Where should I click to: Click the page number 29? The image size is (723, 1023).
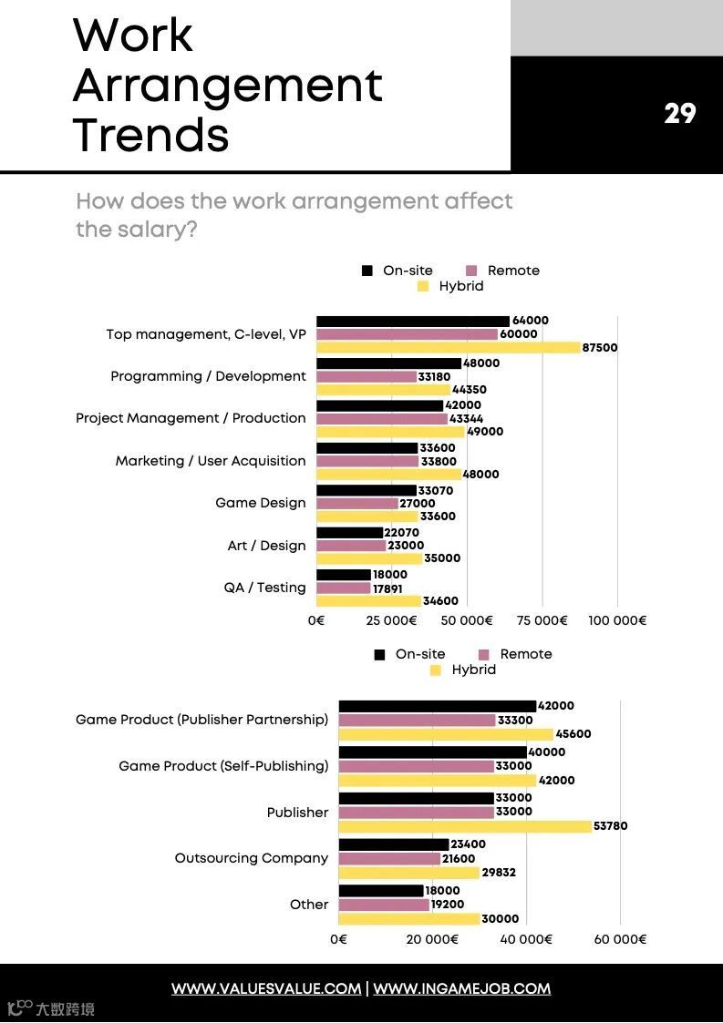click(679, 114)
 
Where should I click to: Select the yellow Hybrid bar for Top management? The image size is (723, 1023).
click(448, 347)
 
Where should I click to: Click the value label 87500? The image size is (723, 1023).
click(600, 347)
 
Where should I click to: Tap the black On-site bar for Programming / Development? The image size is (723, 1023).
click(388, 363)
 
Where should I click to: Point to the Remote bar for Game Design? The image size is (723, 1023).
click(357, 503)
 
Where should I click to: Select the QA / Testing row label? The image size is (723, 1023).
click(264, 588)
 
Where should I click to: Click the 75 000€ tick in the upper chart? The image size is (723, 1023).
click(542, 620)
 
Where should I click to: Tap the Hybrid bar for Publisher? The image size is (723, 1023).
click(465, 826)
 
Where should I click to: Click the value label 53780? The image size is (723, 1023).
click(610, 826)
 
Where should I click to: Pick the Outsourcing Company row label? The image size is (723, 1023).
click(251, 858)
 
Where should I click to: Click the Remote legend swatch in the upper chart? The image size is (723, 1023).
click(471, 271)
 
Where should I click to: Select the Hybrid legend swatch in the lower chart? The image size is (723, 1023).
click(435, 670)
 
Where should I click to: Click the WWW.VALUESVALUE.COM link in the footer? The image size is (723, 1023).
click(266, 988)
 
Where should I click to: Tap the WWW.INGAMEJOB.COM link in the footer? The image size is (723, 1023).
click(461, 988)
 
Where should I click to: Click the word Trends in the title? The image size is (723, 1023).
click(150, 135)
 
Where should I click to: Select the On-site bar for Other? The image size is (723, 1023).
click(381, 891)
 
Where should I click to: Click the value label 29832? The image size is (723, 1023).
click(499, 873)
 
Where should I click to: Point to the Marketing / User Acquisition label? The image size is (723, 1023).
click(211, 461)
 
